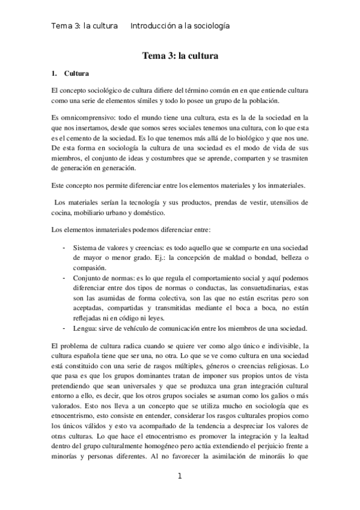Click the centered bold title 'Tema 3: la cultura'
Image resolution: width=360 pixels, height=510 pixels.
point(180,57)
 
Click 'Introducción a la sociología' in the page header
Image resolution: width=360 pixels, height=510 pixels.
point(180,26)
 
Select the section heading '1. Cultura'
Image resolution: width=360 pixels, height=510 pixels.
point(70,74)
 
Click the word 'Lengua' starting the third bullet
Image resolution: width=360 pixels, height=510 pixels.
point(85,328)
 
